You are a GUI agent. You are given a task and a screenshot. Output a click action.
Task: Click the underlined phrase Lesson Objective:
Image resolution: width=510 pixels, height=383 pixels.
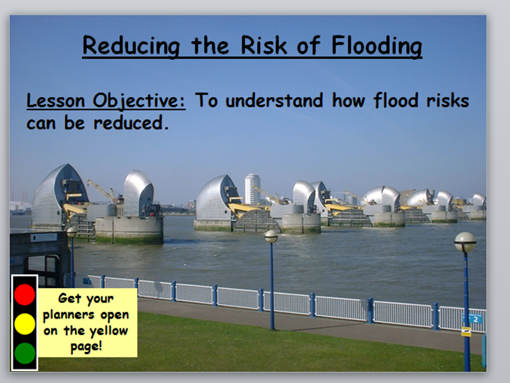106,101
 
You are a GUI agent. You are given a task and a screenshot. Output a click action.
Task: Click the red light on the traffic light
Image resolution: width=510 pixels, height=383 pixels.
25,294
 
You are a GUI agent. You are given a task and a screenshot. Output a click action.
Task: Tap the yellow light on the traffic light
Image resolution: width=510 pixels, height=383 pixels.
25,324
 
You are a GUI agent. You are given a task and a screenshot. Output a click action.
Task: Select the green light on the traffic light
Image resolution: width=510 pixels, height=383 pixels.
25,353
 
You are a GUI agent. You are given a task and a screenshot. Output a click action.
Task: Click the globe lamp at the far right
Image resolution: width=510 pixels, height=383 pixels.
465,243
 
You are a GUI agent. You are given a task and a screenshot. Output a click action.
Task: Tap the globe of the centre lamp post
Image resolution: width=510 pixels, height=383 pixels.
271,236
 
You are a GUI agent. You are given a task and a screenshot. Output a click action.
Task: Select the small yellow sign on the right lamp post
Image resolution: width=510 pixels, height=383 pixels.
466,331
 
